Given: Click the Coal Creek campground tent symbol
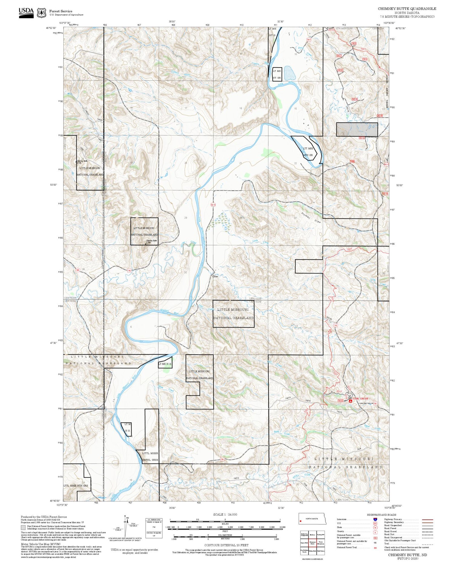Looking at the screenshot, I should click(x=350, y=401).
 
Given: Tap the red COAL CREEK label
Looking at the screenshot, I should click(x=360, y=399).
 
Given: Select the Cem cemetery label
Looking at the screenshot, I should click(x=215, y=276).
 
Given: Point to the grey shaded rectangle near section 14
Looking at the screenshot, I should click(x=357, y=129).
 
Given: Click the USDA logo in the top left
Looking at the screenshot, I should click(x=26, y=12).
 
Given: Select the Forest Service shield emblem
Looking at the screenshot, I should click(x=41, y=13).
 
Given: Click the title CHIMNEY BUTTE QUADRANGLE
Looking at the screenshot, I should click(x=407, y=9).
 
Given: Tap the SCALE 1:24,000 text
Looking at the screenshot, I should click(x=225, y=515).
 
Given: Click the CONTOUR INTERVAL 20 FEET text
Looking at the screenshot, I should click(x=226, y=545).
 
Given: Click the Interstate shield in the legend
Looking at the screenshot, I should click(x=375, y=519).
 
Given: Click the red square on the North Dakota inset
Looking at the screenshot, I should click(x=301, y=521).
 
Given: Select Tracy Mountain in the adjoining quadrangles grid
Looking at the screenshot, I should click(x=321, y=543).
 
